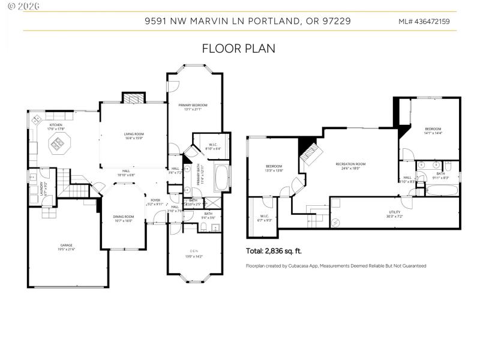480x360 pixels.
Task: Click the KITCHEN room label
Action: pyautogui.click(x=56, y=125)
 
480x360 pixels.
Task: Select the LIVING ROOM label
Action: pyautogui.click(x=133, y=134)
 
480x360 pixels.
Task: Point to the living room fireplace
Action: pyautogui.click(x=133, y=98)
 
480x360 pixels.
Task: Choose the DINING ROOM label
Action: pyautogui.click(x=124, y=217)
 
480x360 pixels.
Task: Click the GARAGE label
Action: pyautogui.click(x=67, y=245)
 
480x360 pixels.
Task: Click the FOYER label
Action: pyautogui.click(x=155, y=200)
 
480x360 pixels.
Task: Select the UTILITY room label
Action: pyautogui.click(x=394, y=212)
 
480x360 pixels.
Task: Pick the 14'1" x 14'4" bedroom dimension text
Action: pyautogui.click(x=433, y=133)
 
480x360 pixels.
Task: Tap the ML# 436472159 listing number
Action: pyautogui.click(x=424, y=22)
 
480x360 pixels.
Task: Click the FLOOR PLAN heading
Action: pyautogui.click(x=239, y=49)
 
